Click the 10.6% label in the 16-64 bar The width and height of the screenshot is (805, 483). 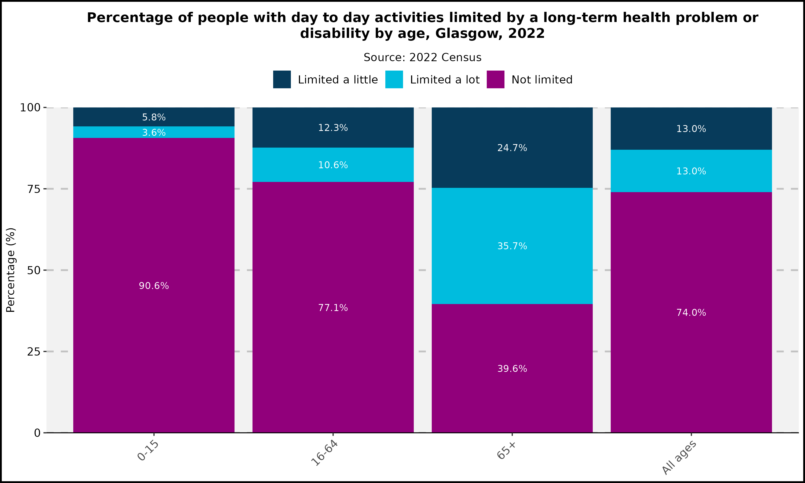pyautogui.click(x=333, y=165)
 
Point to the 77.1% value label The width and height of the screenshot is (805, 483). pyautogui.click(x=333, y=308)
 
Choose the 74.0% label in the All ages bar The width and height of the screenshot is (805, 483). pyautogui.click(x=691, y=312)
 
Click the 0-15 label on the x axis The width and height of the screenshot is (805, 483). pyautogui.click(x=148, y=451)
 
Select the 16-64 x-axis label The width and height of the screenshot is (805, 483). pyautogui.click(x=325, y=453)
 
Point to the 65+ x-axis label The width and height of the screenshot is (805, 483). pyautogui.click(x=506, y=450)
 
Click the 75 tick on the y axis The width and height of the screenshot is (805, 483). pyautogui.click(x=34, y=189)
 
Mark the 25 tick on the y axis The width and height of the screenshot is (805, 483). pyautogui.click(x=34, y=352)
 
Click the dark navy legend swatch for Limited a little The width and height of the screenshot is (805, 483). pyautogui.click(x=282, y=79)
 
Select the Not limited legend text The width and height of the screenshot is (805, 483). pyautogui.click(x=542, y=80)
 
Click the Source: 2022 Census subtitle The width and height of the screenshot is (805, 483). pyautogui.click(x=422, y=58)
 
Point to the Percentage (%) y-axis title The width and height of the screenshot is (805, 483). pyautogui.click(x=11, y=270)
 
